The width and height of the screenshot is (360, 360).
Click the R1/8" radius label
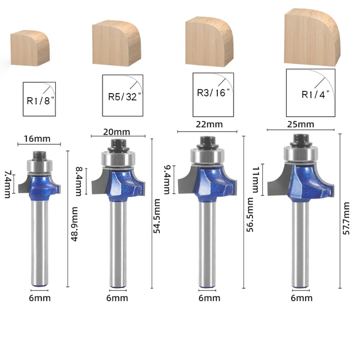(x=40, y=100)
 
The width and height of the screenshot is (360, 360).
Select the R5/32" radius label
(x=125, y=96)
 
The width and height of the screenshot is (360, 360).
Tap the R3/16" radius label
(x=213, y=93)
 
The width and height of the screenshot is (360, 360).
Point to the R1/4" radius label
(x=315, y=94)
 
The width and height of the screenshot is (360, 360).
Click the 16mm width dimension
(x=37, y=139)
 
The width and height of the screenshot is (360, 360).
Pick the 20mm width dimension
(x=117, y=132)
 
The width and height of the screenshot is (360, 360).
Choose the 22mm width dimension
(x=209, y=125)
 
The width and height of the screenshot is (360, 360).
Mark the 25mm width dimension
(x=301, y=125)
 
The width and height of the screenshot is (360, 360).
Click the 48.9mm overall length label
(x=75, y=224)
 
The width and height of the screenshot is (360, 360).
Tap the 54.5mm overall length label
(x=157, y=216)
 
